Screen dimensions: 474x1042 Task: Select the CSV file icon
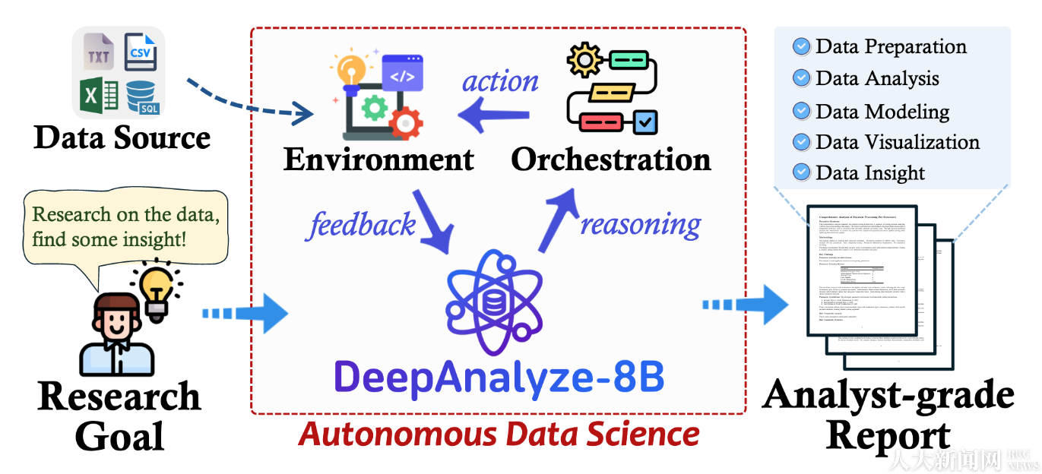pos(140,52)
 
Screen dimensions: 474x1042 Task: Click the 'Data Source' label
pos(122,137)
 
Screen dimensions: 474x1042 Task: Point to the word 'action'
pos(500,81)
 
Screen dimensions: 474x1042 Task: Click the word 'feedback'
pos(363,224)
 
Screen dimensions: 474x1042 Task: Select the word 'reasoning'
pos(641,224)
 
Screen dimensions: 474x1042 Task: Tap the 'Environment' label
pos(378,160)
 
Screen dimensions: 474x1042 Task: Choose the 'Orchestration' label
pos(611,160)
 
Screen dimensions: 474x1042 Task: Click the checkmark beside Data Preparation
pos(801,47)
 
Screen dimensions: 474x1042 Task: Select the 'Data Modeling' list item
pos(882,112)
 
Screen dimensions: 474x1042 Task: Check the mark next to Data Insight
pos(801,172)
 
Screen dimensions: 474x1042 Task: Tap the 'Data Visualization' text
pos(898,142)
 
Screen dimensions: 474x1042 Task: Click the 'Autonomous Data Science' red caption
pos(499,434)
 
